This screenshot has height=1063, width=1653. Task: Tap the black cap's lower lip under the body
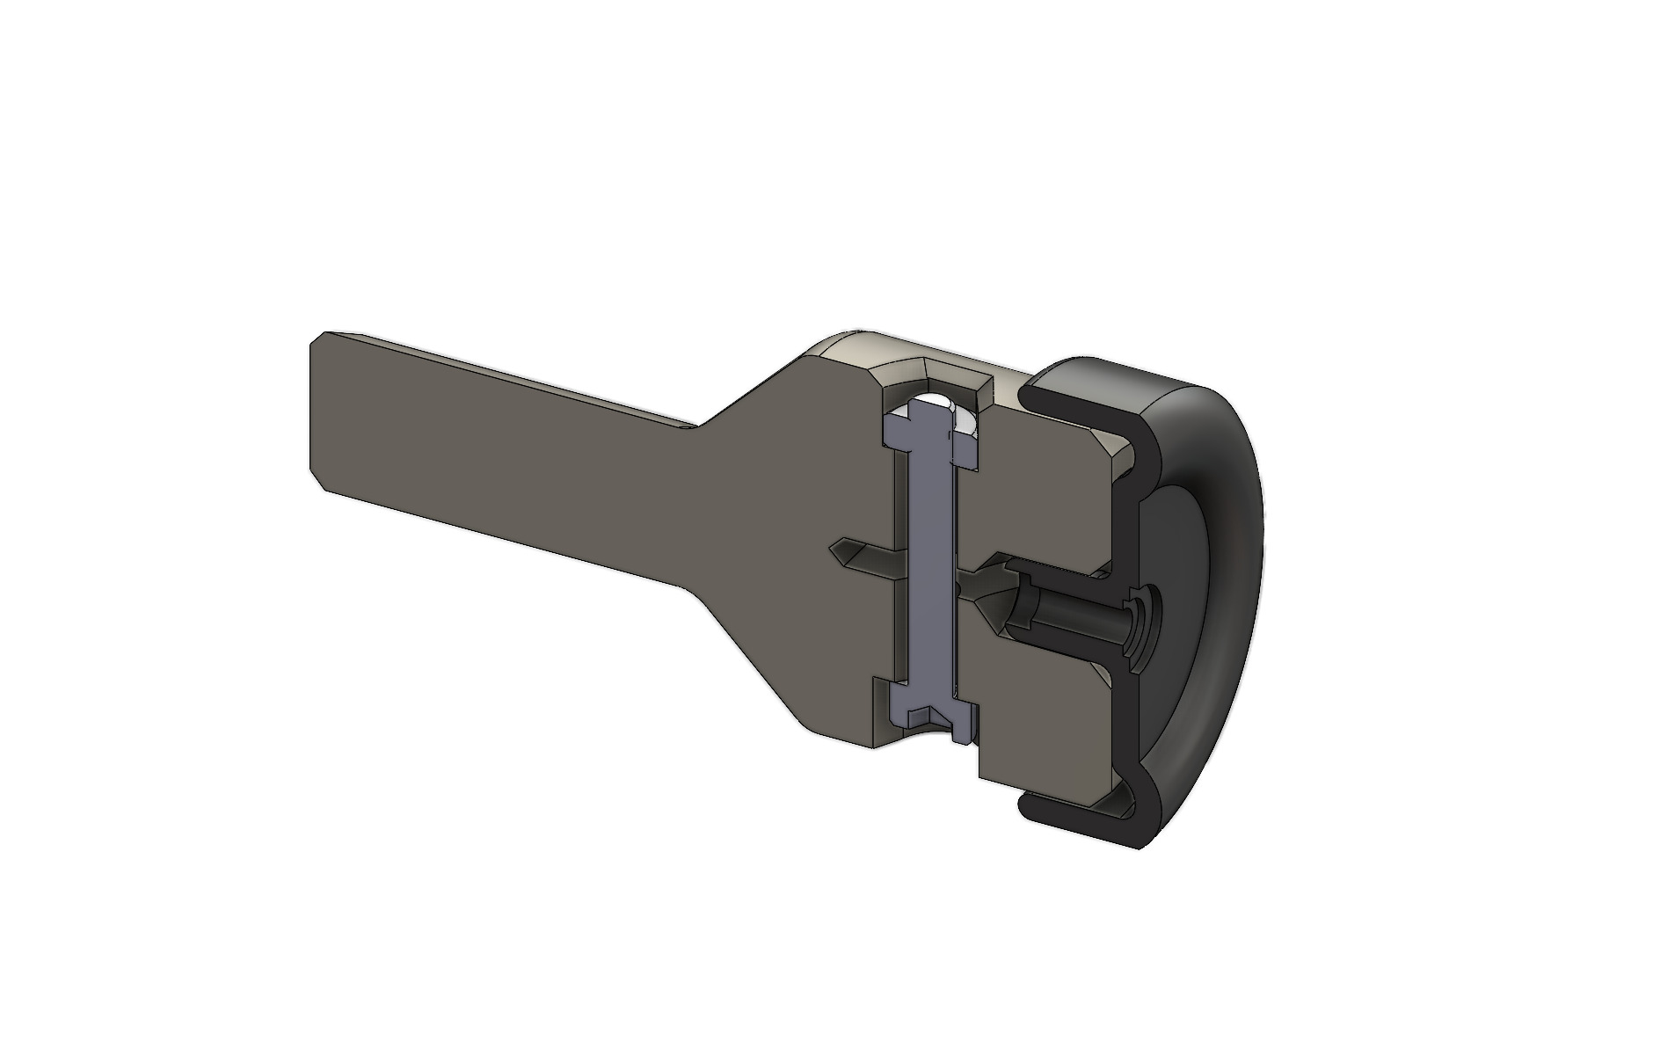1073,813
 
